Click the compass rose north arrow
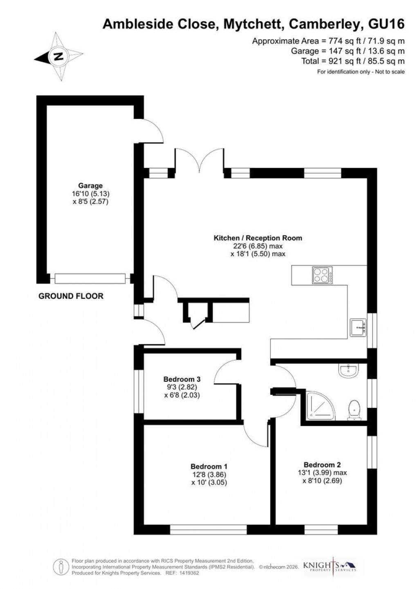(x=58, y=56)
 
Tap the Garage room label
(x=91, y=186)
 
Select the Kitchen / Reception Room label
(x=258, y=238)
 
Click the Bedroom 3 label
(x=182, y=379)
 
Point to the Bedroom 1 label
(x=209, y=466)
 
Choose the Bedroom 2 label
(x=322, y=465)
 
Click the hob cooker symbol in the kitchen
(x=323, y=275)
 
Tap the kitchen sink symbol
(x=359, y=327)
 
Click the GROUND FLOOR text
(x=71, y=296)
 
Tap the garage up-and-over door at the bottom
(x=89, y=278)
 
